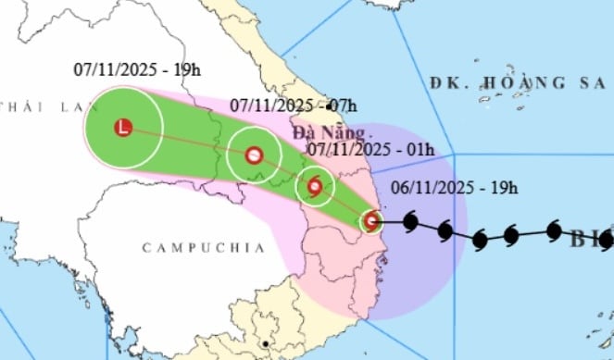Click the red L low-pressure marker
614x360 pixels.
click(123, 128)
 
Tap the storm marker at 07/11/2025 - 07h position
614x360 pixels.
click(253, 155)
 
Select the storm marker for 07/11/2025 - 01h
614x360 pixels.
click(315, 188)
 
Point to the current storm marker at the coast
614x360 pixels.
click(371, 221)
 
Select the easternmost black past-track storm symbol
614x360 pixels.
click(554, 231)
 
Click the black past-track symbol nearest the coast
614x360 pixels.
click(409, 221)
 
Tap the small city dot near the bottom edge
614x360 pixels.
click(266, 344)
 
